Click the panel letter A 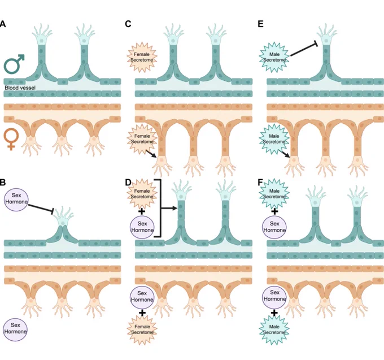click(x=2, y=24)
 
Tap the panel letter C click(x=128, y=24)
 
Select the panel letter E click(x=260, y=24)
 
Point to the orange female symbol click(x=11, y=139)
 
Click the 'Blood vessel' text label click(x=20, y=88)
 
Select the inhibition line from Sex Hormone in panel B click(x=41, y=208)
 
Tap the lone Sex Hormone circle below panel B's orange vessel click(x=15, y=328)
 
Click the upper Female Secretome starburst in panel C click(x=142, y=57)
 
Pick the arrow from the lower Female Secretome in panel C click(x=151, y=154)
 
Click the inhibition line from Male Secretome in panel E click(x=304, y=50)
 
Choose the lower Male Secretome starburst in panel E click(x=274, y=139)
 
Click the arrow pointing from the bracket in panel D click(x=169, y=209)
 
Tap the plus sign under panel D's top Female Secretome click(x=142, y=211)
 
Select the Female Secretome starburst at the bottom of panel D click(x=142, y=329)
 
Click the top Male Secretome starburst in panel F click(x=274, y=194)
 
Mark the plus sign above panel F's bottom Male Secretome click(x=274, y=313)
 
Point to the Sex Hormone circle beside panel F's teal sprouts click(x=274, y=227)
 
